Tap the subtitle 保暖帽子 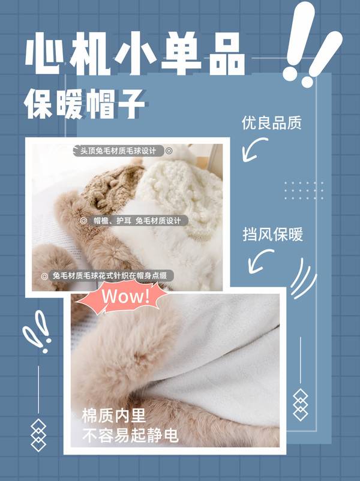(x=84, y=104)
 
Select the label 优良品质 (x=272, y=123)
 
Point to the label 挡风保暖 (x=273, y=234)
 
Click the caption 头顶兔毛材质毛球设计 (x=118, y=151)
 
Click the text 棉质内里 (x=113, y=416)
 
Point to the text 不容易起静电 (x=130, y=435)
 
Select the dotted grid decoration (x=304, y=191)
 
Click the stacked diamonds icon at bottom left (x=38, y=435)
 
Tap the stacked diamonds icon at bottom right (x=300, y=405)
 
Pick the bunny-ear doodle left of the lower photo (x=36, y=330)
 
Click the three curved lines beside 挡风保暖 (x=302, y=278)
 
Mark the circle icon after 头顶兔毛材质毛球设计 (x=169, y=151)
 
